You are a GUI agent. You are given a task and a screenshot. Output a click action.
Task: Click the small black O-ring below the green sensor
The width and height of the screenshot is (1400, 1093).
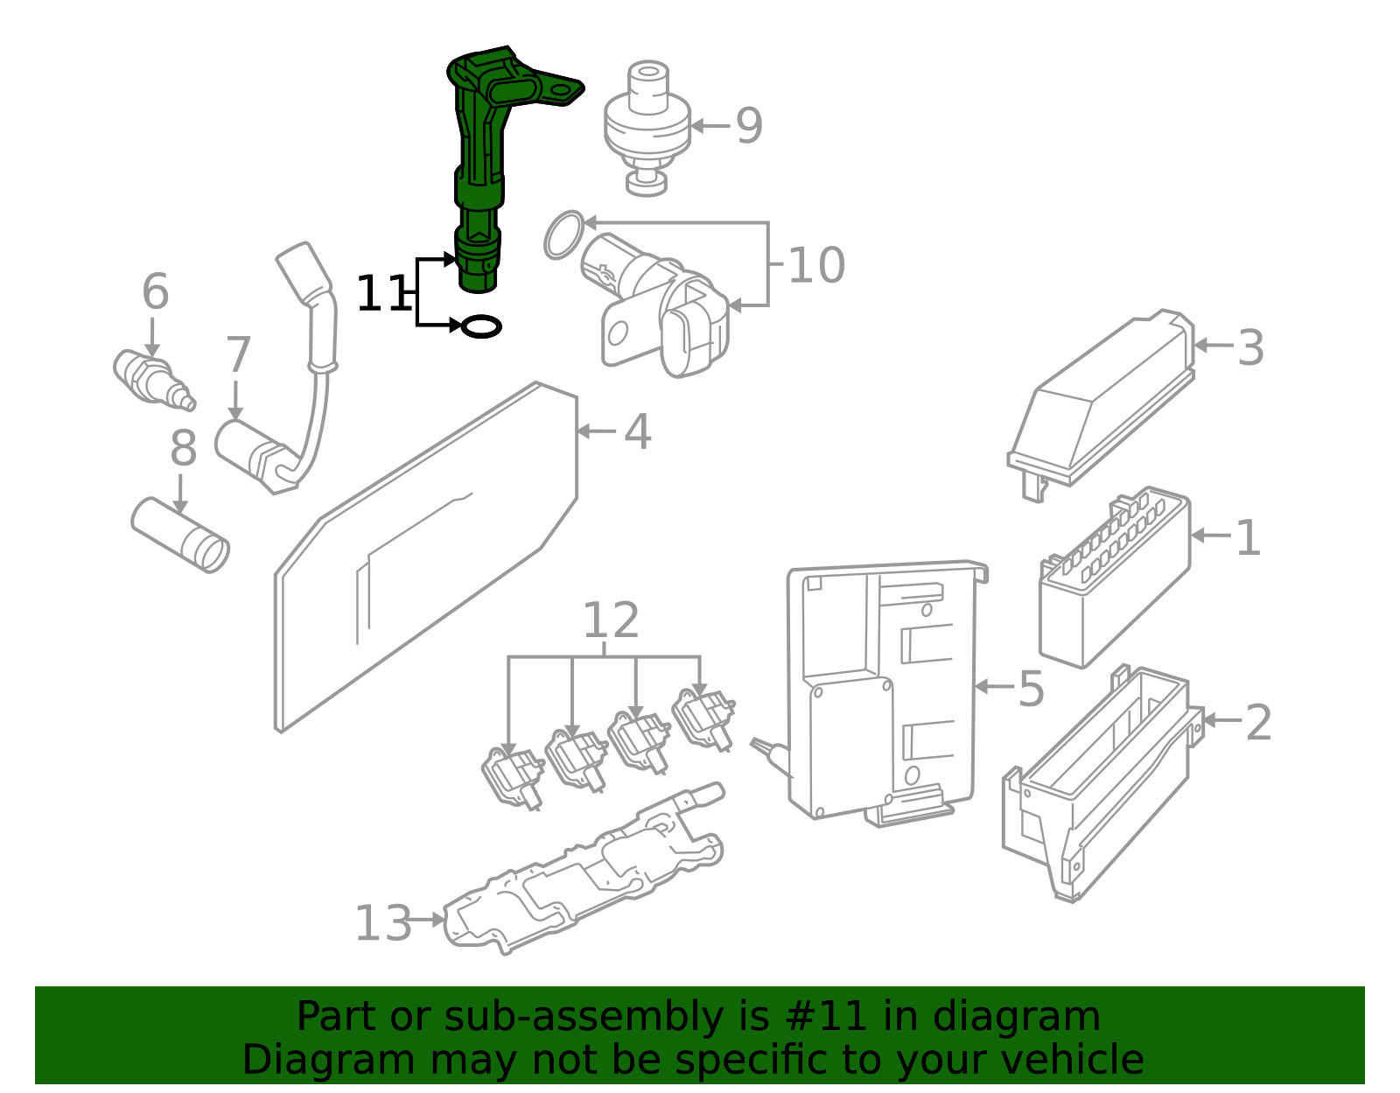point(480,327)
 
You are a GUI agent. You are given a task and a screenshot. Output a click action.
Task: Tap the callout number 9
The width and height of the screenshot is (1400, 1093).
point(749,126)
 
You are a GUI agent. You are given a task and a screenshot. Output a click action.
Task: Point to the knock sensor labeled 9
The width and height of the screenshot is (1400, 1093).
point(647,123)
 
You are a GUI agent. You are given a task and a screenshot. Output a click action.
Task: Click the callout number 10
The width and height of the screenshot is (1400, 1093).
point(815,265)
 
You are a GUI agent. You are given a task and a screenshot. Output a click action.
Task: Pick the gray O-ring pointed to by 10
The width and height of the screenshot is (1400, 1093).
point(562,234)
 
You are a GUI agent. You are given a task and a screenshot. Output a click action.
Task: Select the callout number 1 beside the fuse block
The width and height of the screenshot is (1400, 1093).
point(1248,537)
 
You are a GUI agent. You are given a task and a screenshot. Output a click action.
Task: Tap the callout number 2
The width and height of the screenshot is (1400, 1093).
point(1257,722)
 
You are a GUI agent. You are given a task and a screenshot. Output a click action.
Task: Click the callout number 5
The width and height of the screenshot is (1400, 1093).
point(1031,689)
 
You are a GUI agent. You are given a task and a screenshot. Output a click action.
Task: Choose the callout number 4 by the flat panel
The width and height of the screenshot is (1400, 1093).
point(638,432)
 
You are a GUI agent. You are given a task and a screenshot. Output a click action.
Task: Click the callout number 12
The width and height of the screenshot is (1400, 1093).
point(610,620)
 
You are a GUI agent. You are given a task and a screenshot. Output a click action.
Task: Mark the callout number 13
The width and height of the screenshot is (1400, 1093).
point(382,923)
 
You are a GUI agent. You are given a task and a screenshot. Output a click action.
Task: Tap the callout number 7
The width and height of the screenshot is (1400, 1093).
point(237,355)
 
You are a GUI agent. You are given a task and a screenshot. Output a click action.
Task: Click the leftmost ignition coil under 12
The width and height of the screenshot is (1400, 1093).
point(513,775)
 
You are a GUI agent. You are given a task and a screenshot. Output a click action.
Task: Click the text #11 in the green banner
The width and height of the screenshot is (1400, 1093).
point(826,1017)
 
